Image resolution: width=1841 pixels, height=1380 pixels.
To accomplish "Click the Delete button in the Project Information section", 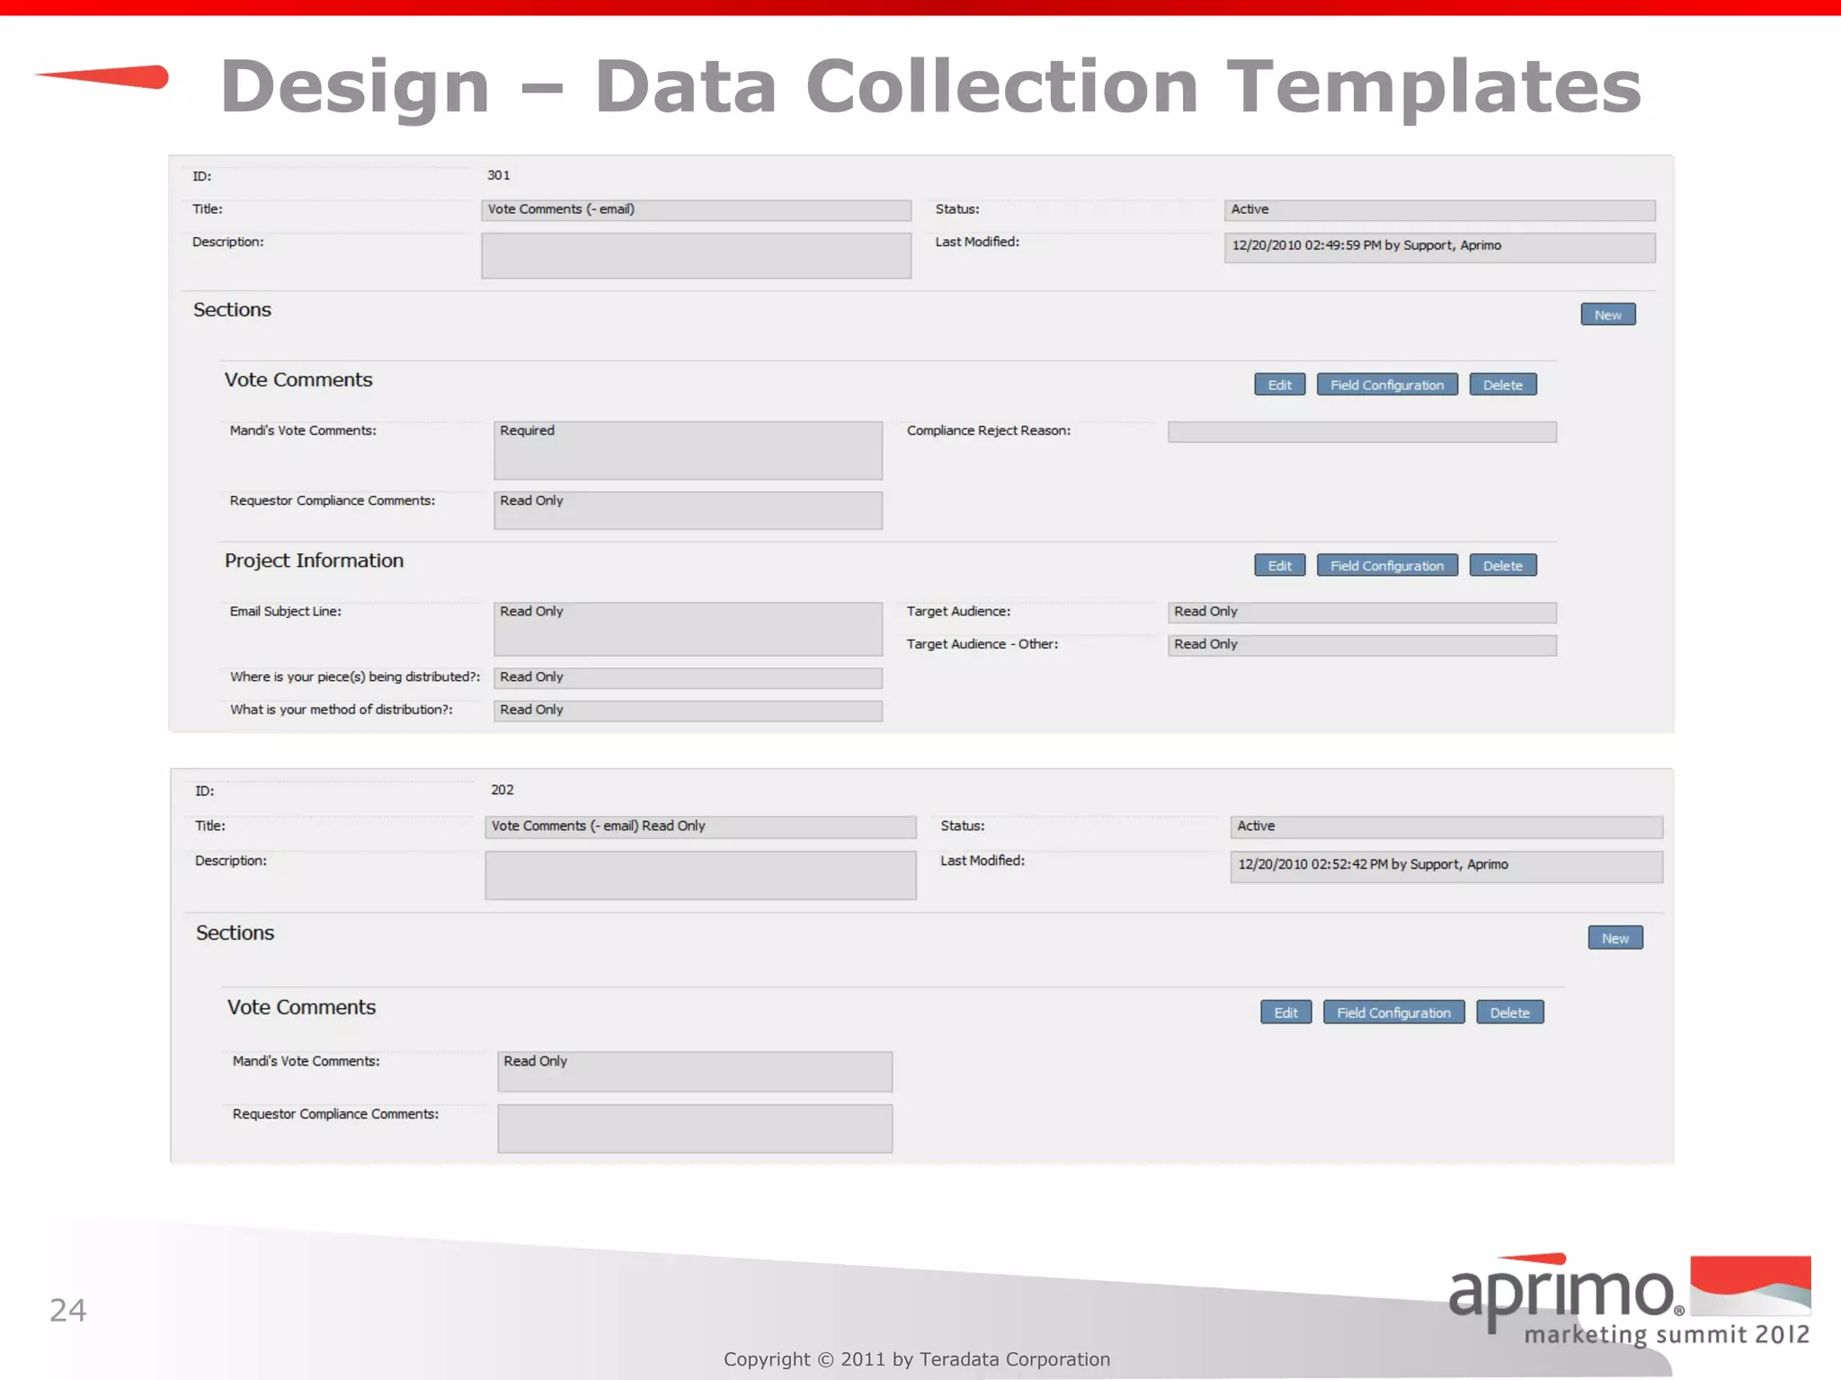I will pos(1502,565).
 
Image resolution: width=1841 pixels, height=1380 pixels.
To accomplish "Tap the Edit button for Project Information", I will pos(1279,565).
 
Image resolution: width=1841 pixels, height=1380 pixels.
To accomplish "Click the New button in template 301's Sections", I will pos(1607,314).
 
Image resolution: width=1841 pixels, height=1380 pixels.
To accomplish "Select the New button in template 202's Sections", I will pos(1614,938).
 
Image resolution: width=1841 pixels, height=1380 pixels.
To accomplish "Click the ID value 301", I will pos(498,175).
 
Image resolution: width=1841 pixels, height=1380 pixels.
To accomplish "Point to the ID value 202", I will pos(502,790).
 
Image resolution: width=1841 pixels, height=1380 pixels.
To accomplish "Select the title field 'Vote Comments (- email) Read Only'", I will pos(699,827).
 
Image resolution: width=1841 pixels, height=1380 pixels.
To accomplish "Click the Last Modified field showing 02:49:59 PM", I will pos(1438,247).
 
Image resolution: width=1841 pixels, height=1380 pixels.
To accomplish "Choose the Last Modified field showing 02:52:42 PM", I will pos(1445,866).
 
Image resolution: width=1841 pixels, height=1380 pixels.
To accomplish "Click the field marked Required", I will pos(687,450).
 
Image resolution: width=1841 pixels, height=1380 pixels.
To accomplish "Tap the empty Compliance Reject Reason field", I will pos(1361,432).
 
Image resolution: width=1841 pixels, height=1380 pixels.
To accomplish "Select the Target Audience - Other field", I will pos(1361,645).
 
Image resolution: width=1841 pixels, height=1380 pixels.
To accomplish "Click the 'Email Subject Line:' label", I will pos(285,611).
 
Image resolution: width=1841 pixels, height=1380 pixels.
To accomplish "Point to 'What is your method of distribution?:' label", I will pos(341,710).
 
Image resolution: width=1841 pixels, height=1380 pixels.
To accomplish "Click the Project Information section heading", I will pos(314,561).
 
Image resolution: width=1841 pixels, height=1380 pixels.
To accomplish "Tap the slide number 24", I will pos(67,1310).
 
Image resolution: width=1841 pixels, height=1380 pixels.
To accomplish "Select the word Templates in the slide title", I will pos(1434,86).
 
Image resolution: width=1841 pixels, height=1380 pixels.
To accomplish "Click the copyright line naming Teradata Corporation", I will pos(916,1359).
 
